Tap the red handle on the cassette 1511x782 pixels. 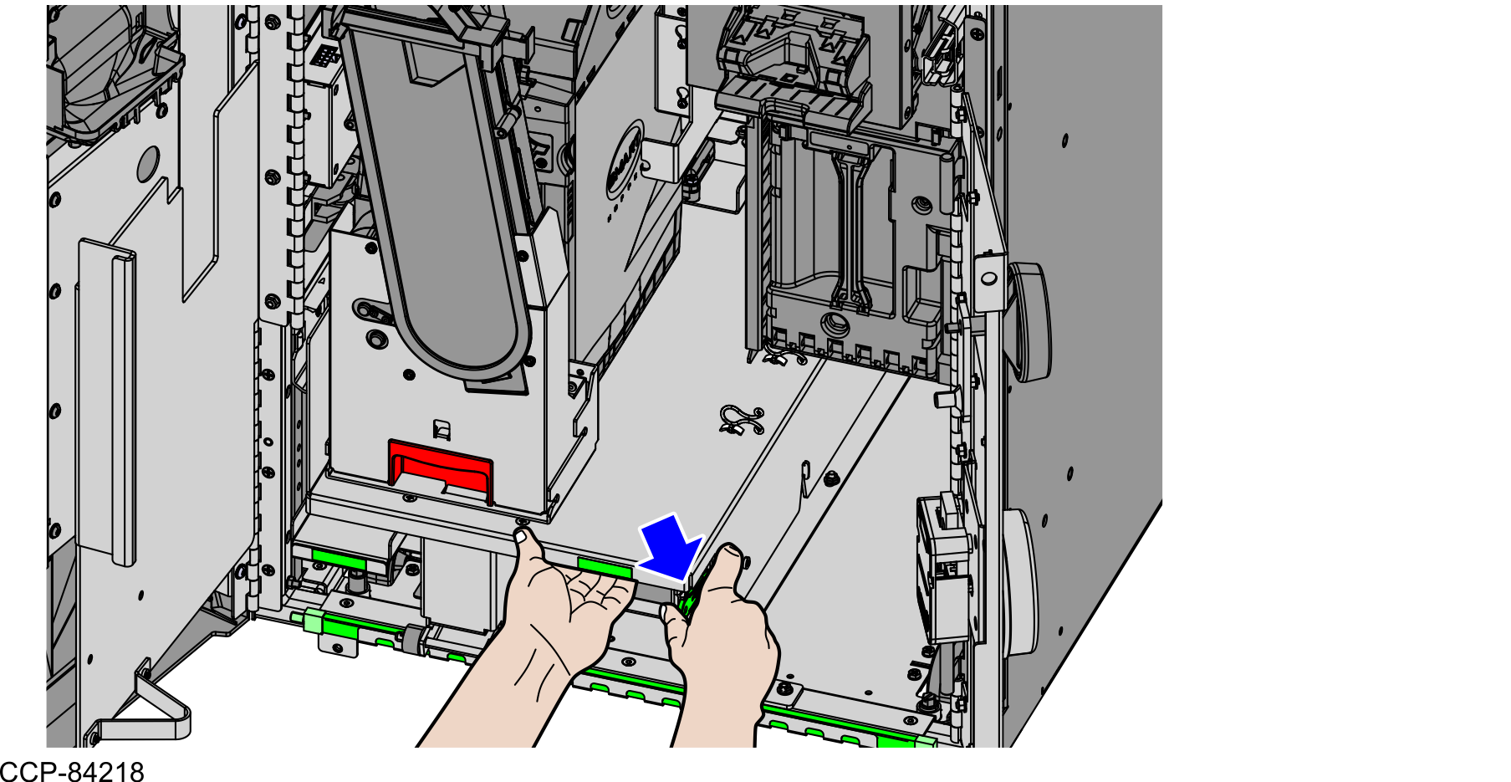441,466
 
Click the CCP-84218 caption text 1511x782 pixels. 73,771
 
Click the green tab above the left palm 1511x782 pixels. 604,568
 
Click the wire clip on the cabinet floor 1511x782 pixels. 741,420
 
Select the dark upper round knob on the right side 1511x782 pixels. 1030,321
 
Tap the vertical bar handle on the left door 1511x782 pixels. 107,401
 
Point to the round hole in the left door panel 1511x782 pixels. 148,164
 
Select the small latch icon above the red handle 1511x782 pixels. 442,430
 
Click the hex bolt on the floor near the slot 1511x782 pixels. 830,479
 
